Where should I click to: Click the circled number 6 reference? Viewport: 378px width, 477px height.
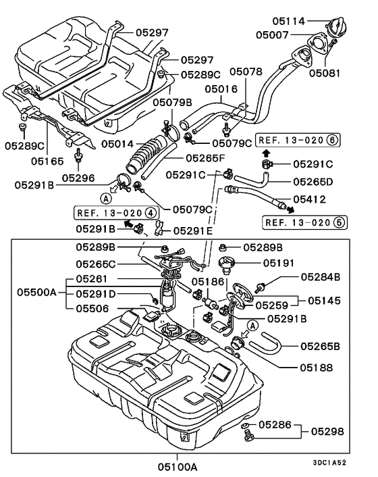(331, 141)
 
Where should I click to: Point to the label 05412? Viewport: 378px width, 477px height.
(310, 199)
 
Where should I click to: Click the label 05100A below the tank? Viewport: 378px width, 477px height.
(178, 466)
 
